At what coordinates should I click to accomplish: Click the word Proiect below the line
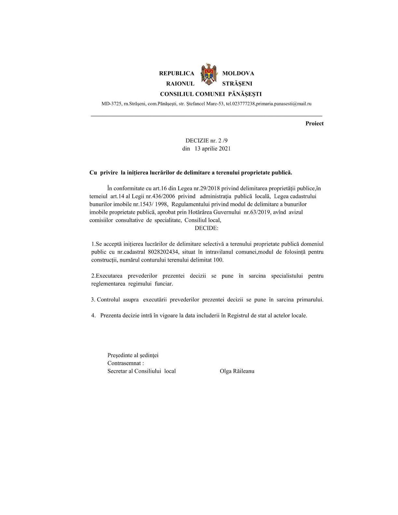[314, 124]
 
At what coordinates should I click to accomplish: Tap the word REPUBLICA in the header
[177, 73]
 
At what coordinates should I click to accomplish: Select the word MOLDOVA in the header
[238, 73]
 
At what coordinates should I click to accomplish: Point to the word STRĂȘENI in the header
[237, 84]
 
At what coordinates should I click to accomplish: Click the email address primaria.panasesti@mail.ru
[284, 104]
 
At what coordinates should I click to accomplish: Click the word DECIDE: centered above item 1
[206, 228]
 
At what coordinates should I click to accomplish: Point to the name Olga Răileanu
[237, 371]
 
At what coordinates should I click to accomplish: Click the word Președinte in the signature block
[120, 355]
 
